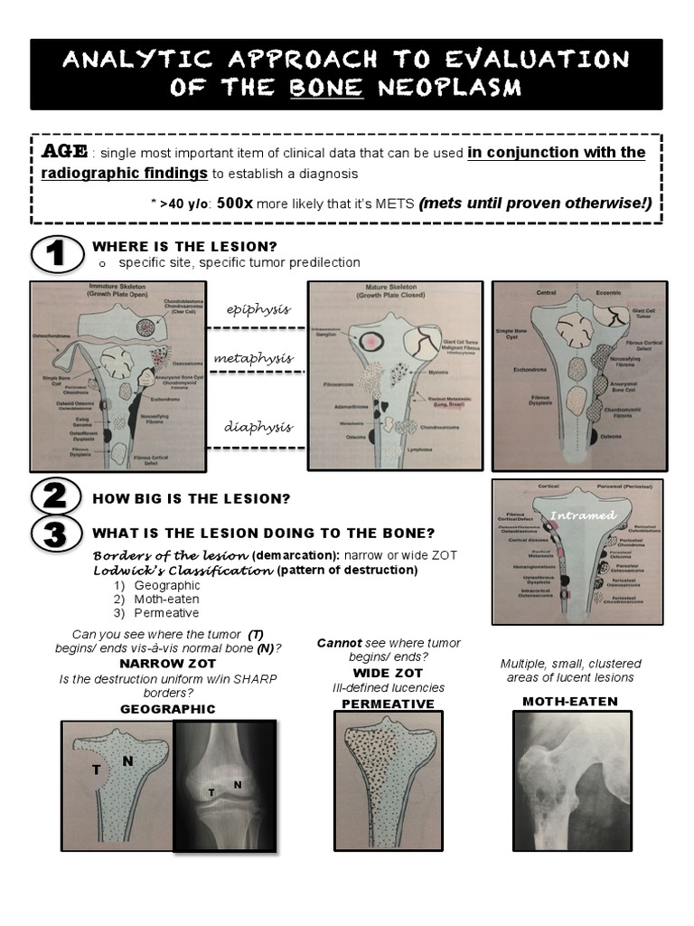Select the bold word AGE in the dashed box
[61, 151]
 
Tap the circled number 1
[57, 254]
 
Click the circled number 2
[57, 496]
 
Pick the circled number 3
[57, 534]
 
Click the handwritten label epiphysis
[258, 309]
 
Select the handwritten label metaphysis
[253, 358]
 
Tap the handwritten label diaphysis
[258, 427]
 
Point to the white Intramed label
[583, 515]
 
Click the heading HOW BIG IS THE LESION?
[191, 498]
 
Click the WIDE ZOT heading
[389, 673]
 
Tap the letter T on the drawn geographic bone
[96, 770]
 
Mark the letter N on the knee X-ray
[237, 784]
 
